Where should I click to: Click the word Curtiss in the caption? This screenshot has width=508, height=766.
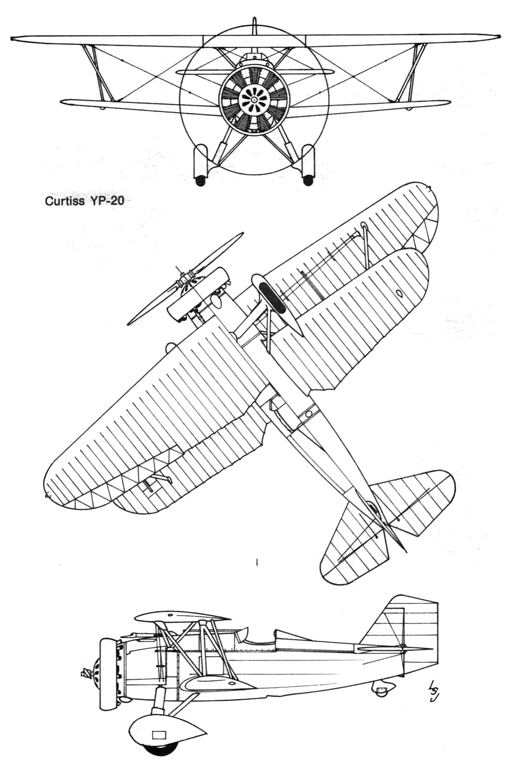(65, 201)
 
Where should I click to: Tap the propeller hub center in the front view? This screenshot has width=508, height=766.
(254, 99)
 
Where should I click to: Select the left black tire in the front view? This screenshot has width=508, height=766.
(200, 181)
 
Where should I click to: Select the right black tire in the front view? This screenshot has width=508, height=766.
(308, 181)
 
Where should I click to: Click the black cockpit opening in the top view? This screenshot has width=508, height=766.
(272, 297)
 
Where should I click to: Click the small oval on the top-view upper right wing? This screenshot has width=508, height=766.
(399, 293)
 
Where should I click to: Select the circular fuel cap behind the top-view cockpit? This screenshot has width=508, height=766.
(309, 413)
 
